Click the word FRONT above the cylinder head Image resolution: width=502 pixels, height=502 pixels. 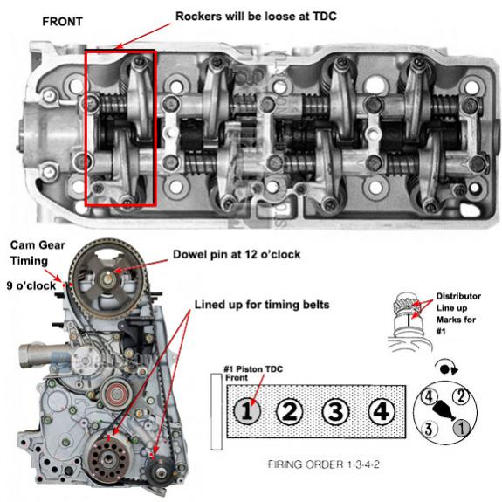pos(63,22)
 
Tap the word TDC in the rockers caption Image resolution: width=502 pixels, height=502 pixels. pos(324,16)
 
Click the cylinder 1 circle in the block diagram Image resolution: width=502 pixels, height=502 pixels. pos(247,410)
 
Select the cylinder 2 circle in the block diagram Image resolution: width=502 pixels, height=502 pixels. pos(290,410)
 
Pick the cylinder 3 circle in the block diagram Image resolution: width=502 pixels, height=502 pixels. pos(335,411)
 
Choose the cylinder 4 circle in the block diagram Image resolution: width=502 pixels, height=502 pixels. pos(381,411)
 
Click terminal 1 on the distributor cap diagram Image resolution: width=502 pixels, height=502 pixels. pos(461,428)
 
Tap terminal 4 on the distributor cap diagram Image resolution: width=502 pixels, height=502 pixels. pos(429,397)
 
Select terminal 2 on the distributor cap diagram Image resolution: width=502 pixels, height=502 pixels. pos(461,396)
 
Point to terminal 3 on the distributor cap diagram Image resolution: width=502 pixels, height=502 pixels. pos(429,429)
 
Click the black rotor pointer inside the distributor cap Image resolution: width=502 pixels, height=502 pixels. pos(444,410)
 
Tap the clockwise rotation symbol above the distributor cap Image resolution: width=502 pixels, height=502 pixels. pos(447,368)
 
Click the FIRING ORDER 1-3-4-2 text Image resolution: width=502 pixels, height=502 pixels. pos(323,464)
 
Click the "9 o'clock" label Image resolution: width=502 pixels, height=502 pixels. pos(31,285)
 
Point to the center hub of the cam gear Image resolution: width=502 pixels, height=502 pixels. pos(107,279)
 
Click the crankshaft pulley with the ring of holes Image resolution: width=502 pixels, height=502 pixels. pos(109,459)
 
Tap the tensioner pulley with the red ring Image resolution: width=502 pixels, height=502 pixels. pos(115,394)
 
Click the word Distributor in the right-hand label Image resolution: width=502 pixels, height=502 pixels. pos(458,296)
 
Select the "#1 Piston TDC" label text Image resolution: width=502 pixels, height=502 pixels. pos(253,369)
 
